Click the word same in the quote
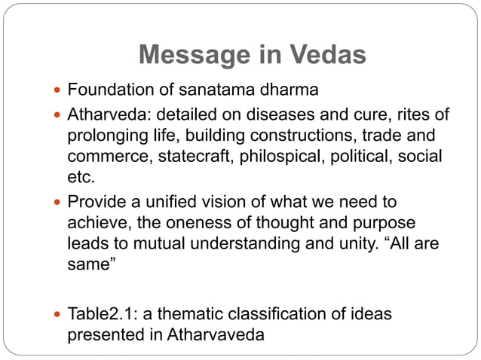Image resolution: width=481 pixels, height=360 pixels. pyautogui.click(x=89, y=264)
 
